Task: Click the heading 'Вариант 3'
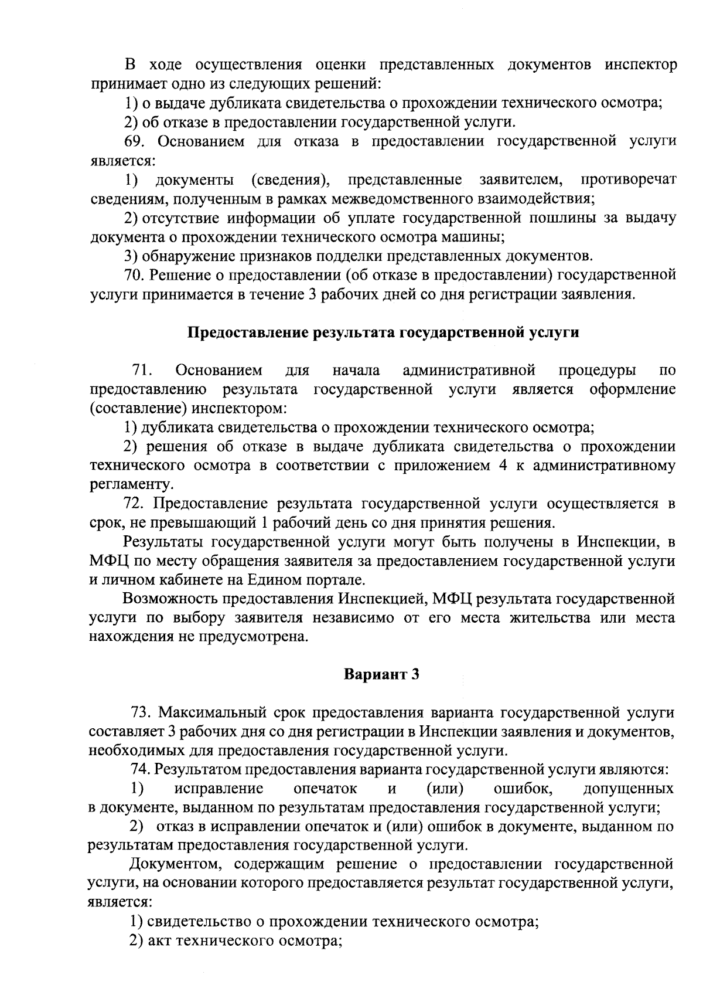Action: coord(381,674)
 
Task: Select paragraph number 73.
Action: coord(142,712)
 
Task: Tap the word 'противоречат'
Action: coord(629,179)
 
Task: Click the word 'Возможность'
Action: coord(168,599)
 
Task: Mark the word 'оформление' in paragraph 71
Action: coord(633,390)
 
